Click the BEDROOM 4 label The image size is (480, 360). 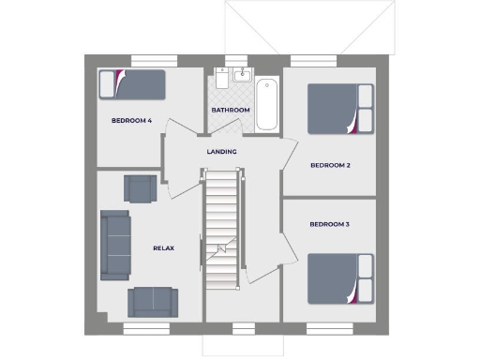pyautogui.click(x=131, y=120)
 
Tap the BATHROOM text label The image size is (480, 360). pyautogui.click(x=230, y=111)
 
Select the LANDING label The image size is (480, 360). pyautogui.click(x=222, y=152)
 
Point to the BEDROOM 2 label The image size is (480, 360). pyautogui.click(x=330, y=166)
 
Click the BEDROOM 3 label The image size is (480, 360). pyautogui.click(x=330, y=224)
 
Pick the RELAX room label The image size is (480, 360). pyautogui.click(x=164, y=247)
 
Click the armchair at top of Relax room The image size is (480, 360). pyautogui.click(x=141, y=187)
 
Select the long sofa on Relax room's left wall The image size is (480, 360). pyautogui.click(x=115, y=244)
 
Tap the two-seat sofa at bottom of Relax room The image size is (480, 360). pyautogui.click(x=152, y=300)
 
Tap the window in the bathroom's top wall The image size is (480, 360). pyautogui.click(x=230, y=61)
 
